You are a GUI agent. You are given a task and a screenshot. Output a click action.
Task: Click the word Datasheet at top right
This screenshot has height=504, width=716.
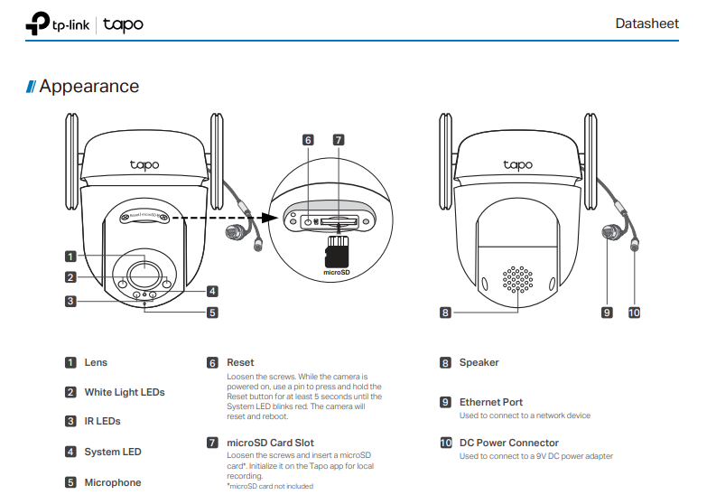[646, 23]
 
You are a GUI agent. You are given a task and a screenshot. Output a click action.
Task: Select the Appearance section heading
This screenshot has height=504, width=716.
[88, 87]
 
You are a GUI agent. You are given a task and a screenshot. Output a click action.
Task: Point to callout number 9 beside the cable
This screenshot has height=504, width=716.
[608, 313]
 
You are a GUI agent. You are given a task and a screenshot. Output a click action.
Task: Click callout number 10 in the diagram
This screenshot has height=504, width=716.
[634, 313]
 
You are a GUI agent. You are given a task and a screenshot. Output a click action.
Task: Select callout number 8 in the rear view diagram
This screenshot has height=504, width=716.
[445, 313]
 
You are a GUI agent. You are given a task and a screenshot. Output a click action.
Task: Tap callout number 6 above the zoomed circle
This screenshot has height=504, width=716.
[308, 140]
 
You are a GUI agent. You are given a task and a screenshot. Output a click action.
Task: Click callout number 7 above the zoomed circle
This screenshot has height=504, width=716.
[338, 140]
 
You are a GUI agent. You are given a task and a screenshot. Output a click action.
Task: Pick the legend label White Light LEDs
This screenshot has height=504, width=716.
[125, 392]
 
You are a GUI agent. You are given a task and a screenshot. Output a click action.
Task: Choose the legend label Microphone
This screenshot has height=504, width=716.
[113, 482]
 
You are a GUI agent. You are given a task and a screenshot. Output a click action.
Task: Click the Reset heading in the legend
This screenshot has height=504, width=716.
[240, 362]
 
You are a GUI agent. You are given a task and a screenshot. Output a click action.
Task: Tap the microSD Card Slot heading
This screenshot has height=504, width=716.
[270, 443]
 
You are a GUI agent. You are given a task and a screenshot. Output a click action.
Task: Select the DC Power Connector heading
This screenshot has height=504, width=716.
[508, 443]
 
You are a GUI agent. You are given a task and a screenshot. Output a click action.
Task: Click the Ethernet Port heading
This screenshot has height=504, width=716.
[490, 402]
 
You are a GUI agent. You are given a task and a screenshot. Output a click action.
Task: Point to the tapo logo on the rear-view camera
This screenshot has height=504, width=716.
[517, 164]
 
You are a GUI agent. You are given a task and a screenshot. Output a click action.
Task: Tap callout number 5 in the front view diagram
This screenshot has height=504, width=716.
[212, 313]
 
